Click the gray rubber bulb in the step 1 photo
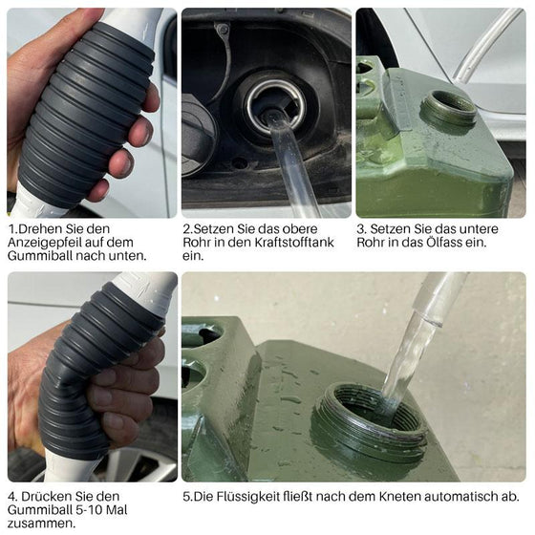(x=81, y=110)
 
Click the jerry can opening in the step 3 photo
(x=449, y=106)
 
